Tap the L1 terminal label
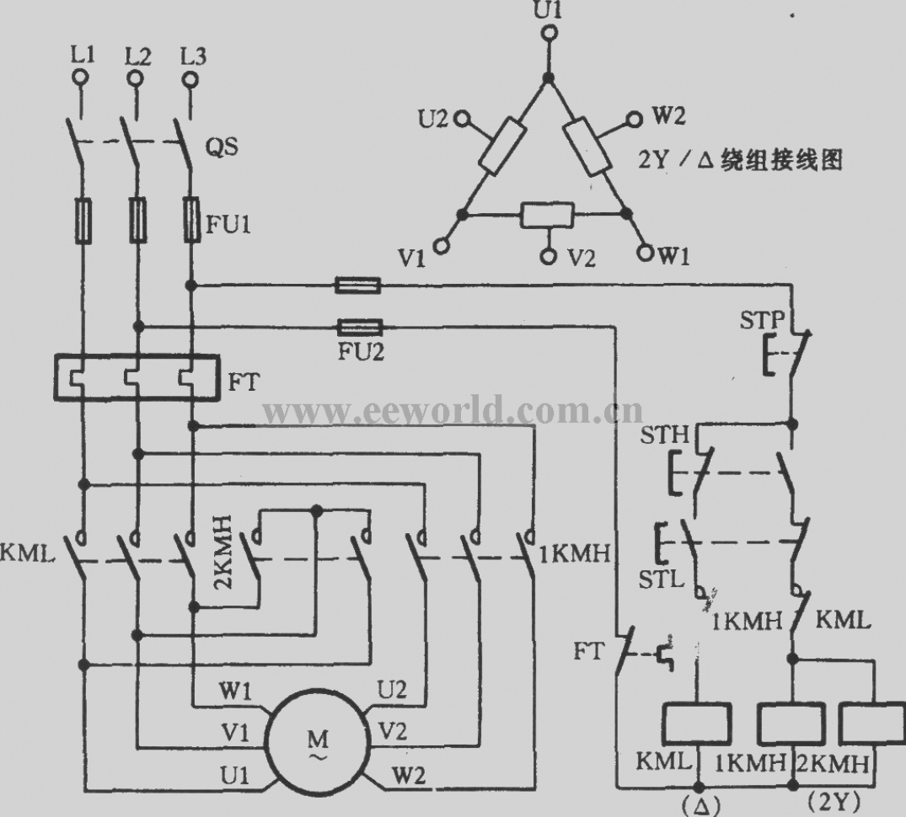(83, 56)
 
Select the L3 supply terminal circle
(190, 78)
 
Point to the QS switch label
(222, 147)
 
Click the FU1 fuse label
(228, 224)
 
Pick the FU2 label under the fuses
(361, 351)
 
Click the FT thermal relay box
(137, 377)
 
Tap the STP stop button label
(762, 319)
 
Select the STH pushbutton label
(664, 434)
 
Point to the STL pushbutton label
(661, 579)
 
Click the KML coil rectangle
(699, 723)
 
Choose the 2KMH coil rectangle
(872, 723)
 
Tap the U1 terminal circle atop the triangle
(550, 34)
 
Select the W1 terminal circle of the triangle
(645, 253)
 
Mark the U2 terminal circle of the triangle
(462, 119)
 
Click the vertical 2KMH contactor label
(223, 553)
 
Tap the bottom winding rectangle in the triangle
(547, 215)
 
